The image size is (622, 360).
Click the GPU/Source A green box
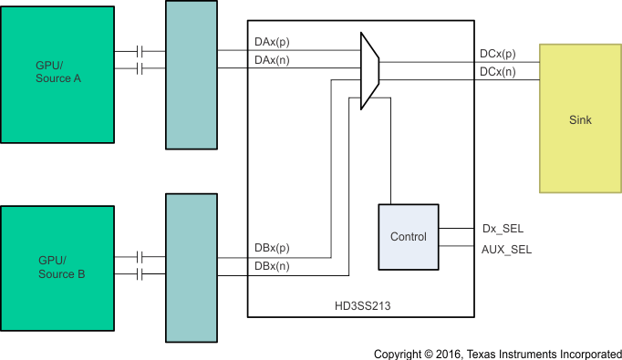coord(58,72)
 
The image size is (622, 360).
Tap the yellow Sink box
coord(580,118)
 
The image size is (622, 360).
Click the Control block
coord(408,237)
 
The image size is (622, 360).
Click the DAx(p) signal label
coord(273,43)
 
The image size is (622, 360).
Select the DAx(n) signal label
coord(273,59)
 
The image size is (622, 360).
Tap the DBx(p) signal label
coord(273,248)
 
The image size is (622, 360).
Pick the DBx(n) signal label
coord(273,265)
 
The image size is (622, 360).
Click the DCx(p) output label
coord(497,54)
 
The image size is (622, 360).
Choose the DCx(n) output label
coord(497,70)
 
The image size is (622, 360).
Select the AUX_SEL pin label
coord(506,248)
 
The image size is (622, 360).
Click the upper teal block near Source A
coord(192,75)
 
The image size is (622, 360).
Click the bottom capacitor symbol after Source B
coord(140,274)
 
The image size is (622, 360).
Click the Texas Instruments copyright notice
coord(496,352)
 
